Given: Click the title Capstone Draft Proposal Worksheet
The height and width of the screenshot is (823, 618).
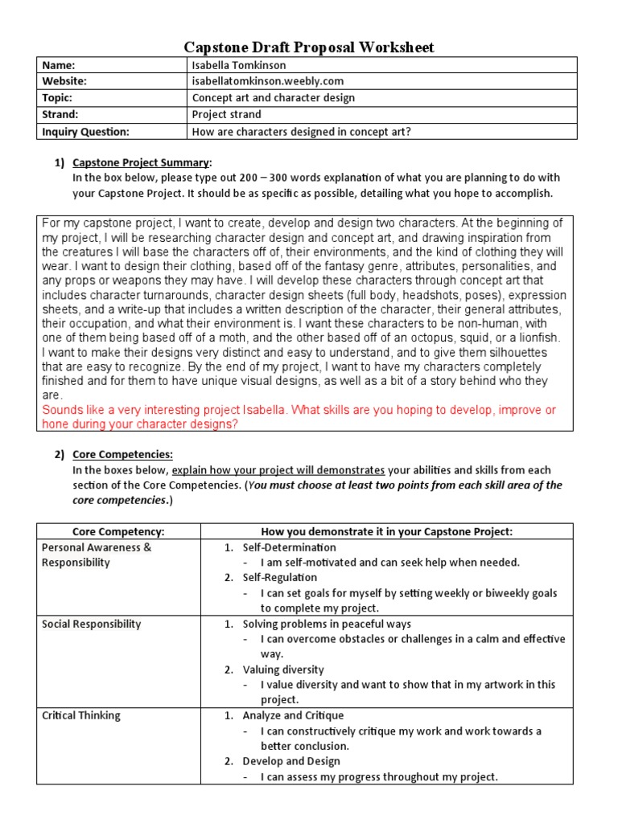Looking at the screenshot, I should tap(310, 47).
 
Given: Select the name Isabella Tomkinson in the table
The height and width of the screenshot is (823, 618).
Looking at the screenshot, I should tap(238, 65).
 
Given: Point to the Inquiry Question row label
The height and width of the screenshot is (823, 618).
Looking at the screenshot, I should tap(85, 131).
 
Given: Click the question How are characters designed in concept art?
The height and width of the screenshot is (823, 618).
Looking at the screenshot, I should tap(302, 131).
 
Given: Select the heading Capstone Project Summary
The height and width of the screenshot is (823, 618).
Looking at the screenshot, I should tap(142, 162).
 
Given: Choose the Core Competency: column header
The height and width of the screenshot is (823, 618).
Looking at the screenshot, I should tap(118, 531).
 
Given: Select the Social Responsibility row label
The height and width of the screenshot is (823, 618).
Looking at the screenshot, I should tap(91, 624).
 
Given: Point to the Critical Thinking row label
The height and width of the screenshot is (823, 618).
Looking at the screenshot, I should tap(80, 715).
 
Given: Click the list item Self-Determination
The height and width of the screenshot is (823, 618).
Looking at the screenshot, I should tap(290, 547).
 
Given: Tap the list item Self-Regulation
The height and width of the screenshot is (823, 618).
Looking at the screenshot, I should tap(280, 578).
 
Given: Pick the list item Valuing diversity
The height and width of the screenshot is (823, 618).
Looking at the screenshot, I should tap(283, 669).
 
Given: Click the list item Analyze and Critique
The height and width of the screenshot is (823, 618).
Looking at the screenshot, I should tap(293, 715).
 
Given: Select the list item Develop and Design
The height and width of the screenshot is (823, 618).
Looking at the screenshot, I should tap(291, 761).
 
